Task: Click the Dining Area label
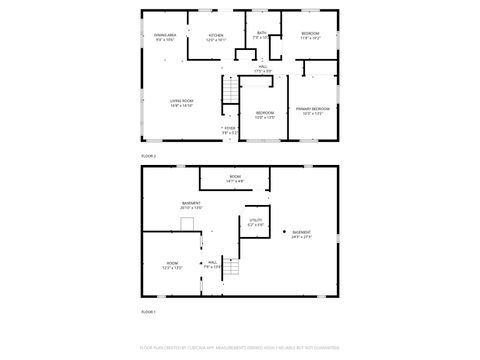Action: (x=164, y=37)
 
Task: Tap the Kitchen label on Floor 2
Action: (x=215, y=38)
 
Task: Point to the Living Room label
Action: (x=181, y=103)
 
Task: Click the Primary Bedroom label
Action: (x=313, y=110)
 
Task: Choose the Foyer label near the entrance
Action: (x=229, y=130)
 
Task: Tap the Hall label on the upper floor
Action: (x=263, y=69)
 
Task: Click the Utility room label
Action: (x=256, y=222)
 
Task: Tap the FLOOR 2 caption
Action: (x=148, y=156)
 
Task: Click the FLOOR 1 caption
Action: (x=148, y=313)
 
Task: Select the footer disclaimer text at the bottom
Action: (x=240, y=349)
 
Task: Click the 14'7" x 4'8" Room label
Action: (x=235, y=179)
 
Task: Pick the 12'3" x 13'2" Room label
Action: (x=171, y=266)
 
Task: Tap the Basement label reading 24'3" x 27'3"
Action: (x=302, y=235)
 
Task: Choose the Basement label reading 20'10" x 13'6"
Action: (x=191, y=205)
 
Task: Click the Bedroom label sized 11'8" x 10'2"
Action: (x=310, y=38)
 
